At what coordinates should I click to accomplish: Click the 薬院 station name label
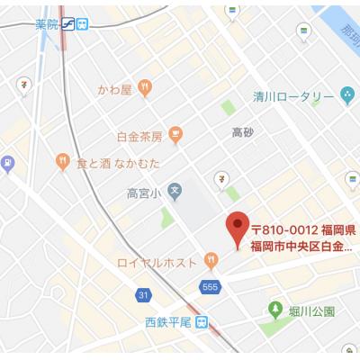(51, 24)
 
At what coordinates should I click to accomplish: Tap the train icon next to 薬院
(82, 24)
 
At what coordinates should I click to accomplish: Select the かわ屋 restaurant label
(114, 89)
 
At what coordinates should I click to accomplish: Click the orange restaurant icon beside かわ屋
(146, 88)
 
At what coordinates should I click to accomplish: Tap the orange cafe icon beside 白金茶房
(175, 136)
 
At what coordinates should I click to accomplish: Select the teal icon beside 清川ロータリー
(346, 96)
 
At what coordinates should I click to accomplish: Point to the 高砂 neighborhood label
(243, 132)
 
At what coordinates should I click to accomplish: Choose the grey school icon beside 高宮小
(175, 191)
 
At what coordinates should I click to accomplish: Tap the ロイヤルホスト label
(157, 263)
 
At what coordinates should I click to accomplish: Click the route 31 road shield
(143, 294)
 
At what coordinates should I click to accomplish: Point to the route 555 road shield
(211, 286)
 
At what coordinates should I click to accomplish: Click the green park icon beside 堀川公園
(274, 311)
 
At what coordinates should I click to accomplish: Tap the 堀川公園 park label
(314, 311)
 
